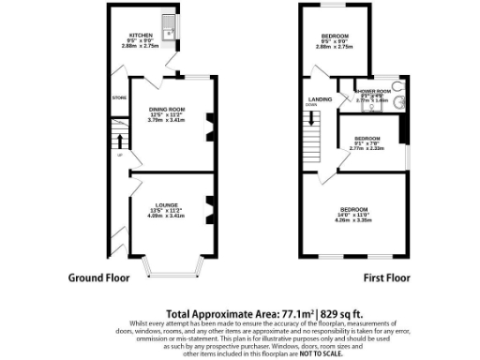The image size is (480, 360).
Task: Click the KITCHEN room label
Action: [142, 36]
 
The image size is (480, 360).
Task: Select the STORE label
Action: [118, 97]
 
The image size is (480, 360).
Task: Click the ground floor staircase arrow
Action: [118, 142]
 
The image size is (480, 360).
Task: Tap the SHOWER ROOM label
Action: [370, 92]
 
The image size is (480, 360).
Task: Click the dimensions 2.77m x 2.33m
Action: [367, 148]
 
